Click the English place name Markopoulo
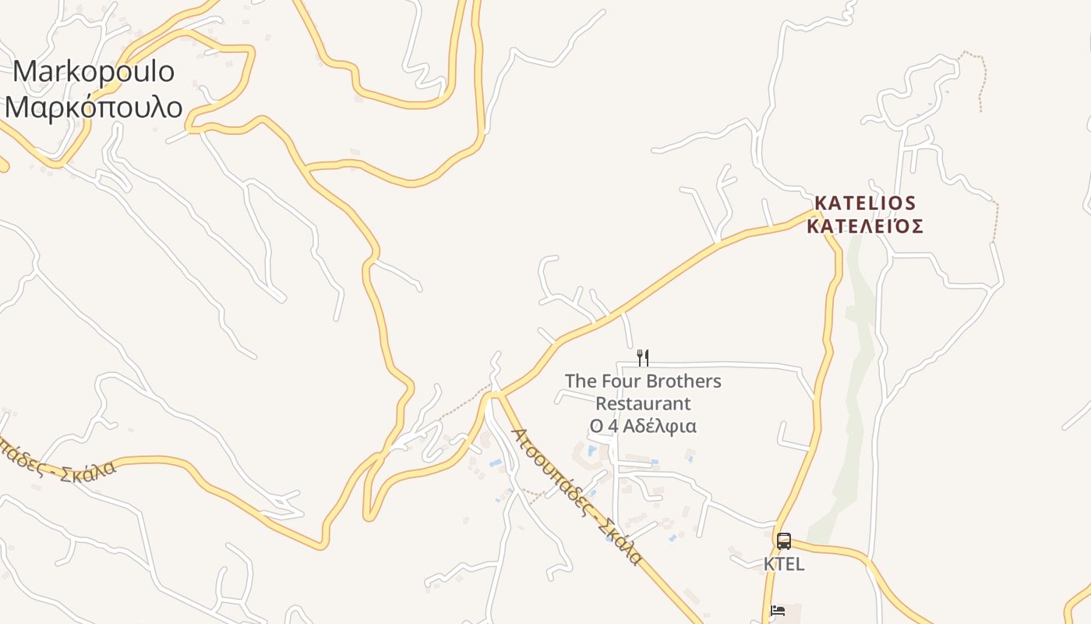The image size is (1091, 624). pyautogui.click(x=94, y=72)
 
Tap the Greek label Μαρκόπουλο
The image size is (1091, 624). pyautogui.click(x=94, y=106)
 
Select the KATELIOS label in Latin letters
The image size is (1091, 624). pyautogui.click(x=865, y=204)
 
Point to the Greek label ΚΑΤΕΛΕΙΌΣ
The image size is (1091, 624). pyautogui.click(x=865, y=227)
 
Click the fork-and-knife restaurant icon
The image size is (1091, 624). pyautogui.click(x=643, y=358)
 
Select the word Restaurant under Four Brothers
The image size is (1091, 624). pyautogui.click(x=643, y=404)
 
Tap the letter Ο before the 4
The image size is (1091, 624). pyautogui.click(x=596, y=427)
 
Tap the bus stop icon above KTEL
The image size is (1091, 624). pyautogui.click(x=784, y=541)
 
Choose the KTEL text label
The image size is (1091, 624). pyautogui.click(x=784, y=564)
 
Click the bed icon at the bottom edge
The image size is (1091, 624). pyautogui.click(x=778, y=611)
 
